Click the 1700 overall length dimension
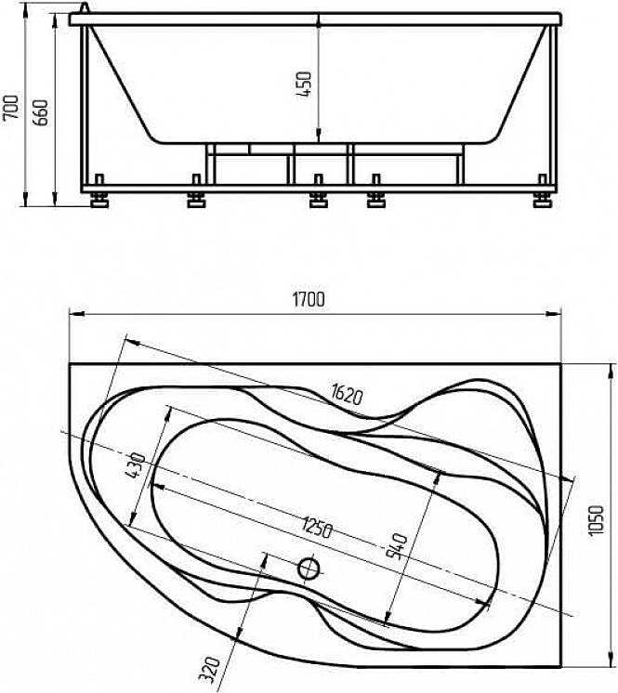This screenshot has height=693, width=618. (309, 299)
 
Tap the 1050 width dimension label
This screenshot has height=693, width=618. (596, 520)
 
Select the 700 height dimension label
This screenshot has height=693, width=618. (10, 107)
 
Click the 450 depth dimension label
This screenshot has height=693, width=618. (305, 85)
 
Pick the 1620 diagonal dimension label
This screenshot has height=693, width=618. (347, 395)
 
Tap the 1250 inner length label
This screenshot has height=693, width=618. (317, 528)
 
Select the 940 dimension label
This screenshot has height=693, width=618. (397, 546)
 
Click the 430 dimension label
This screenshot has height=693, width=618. (135, 465)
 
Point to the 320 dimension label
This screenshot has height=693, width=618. (209, 669)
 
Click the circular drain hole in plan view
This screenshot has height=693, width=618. (309, 569)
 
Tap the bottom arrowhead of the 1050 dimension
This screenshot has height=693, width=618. (611, 660)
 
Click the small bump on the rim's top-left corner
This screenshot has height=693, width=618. (84, 8)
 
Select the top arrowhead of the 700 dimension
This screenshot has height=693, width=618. (26, 9)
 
